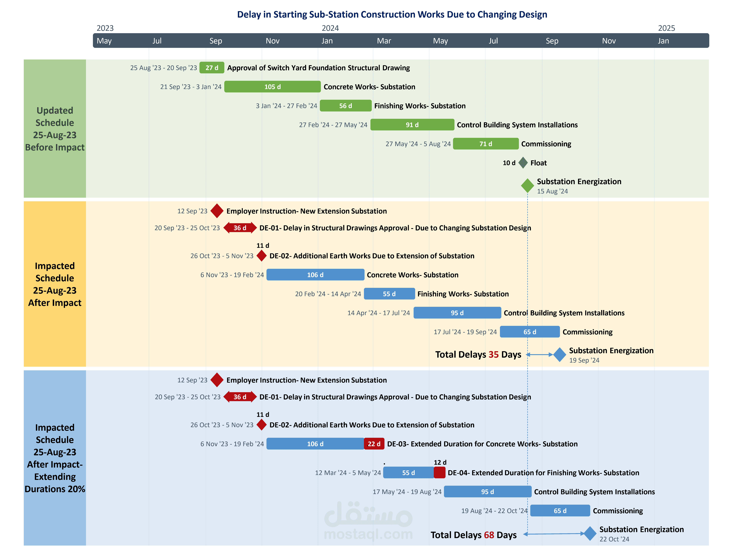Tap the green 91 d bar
coord(412,125)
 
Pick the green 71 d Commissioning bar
coord(486,144)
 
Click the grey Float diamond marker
coord(523,163)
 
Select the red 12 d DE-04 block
coord(439,472)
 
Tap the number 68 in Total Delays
coord(489,535)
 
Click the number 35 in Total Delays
coord(493,354)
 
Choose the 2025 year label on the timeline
coord(666,28)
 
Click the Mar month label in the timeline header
coord(384,41)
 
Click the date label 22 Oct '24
coord(614,539)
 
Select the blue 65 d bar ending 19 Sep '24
coord(530,332)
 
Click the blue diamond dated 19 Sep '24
coord(560,354)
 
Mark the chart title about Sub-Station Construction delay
coord(392,14)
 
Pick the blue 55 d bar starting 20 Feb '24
coord(389,294)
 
